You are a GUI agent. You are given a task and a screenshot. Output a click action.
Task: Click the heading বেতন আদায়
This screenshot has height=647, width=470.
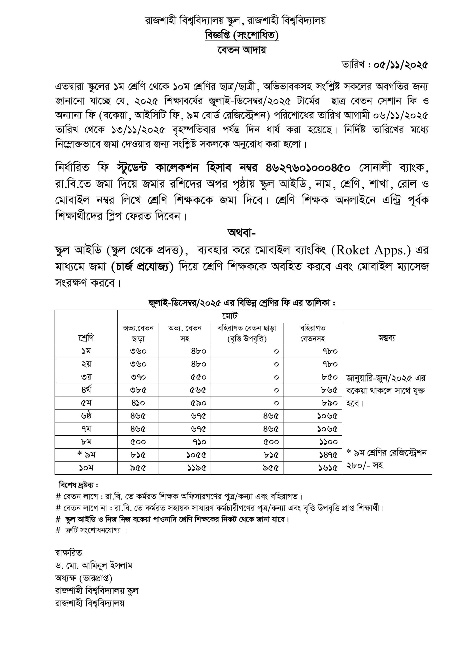pyautogui.click(x=241, y=50)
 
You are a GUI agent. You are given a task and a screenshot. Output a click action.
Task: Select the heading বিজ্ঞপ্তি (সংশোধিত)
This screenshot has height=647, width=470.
pyautogui.click(x=242, y=35)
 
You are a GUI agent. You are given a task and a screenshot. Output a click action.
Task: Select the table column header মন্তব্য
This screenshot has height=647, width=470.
pyautogui.click(x=387, y=338)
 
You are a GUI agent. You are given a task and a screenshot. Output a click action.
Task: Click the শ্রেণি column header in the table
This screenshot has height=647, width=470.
pyautogui.click(x=86, y=338)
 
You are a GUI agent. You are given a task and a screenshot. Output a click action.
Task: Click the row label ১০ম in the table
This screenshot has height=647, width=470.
pyautogui.click(x=86, y=468)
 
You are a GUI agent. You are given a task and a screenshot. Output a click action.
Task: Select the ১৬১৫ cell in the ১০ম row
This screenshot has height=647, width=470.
pyautogui.click(x=328, y=468)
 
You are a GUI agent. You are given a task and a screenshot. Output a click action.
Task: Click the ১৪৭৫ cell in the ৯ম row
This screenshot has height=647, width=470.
pyautogui.click(x=328, y=455)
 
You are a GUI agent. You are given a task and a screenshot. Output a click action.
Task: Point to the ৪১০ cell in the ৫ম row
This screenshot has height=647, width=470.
pyautogui.click(x=138, y=403)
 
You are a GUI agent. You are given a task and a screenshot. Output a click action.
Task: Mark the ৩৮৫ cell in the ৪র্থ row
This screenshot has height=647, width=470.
pyautogui.click(x=138, y=390)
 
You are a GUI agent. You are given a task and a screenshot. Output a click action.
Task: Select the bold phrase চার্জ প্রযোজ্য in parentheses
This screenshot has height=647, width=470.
pyautogui.click(x=143, y=267)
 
